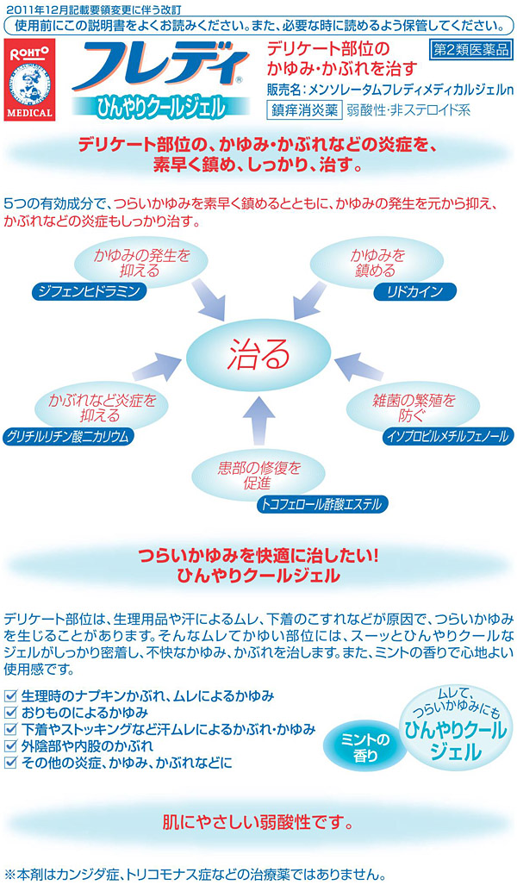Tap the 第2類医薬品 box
pos(470,51)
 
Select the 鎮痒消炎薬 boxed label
pos(303,109)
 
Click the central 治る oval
pos(258,355)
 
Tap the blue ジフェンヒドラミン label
pos(89,291)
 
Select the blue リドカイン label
pos(414,292)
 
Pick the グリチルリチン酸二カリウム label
pos(68,436)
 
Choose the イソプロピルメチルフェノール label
pos(448,436)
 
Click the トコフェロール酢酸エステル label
pos(322,504)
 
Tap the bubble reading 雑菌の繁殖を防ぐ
pos(413,408)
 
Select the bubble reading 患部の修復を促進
pos(258,475)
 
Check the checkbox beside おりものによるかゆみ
pos(10,713)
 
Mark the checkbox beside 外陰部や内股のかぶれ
pos(10,745)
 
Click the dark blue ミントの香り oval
pos(365,748)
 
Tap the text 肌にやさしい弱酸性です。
pos(258,822)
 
